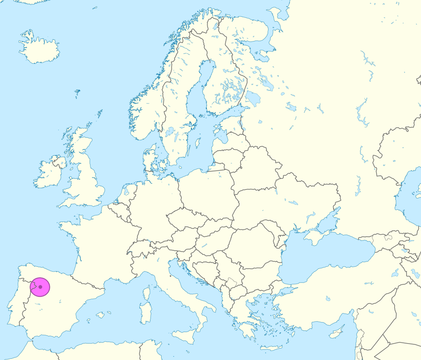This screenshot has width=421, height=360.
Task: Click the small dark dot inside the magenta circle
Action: [x=40, y=287]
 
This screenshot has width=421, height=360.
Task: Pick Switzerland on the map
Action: [x=140, y=248]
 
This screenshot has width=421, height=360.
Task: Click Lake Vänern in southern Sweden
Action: [x=169, y=132]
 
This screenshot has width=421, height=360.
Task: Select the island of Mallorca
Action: [x=100, y=315]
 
